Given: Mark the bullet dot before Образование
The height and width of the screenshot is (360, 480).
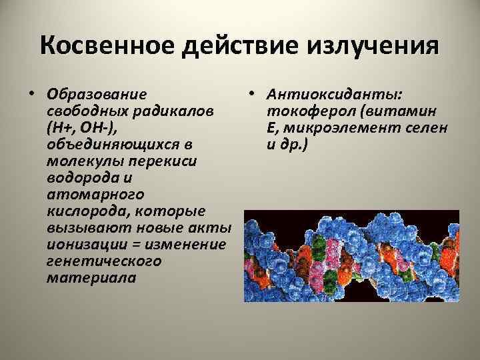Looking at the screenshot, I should pos(31,93).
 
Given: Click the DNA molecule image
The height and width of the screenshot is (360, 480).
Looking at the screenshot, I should pos(351,256).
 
